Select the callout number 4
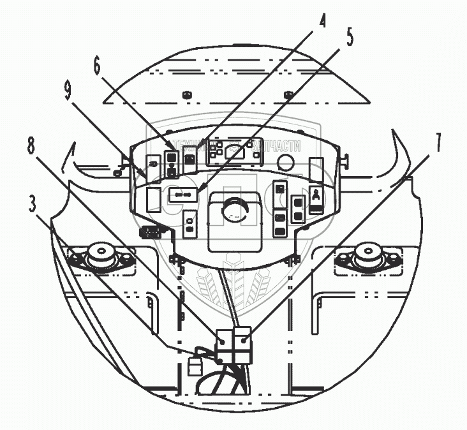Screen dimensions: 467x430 click(x=323, y=22)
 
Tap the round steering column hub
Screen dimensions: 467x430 click(x=233, y=211)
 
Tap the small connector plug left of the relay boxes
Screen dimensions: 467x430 click(x=195, y=366)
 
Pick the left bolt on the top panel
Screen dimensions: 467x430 click(x=187, y=96)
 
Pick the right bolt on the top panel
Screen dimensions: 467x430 click(x=288, y=96)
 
